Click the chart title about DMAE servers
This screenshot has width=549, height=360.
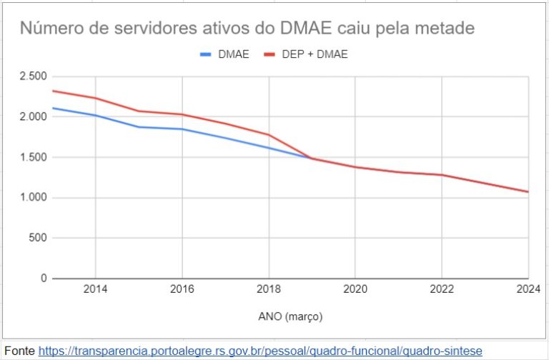(x=247, y=29)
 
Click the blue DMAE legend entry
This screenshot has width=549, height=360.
(x=224, y=54)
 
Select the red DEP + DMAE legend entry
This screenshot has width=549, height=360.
(x=306, y=54)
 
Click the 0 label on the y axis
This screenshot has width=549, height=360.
(x=43, y=278)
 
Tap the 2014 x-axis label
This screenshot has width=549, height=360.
(x=96, y=291)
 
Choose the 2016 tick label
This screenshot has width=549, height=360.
(x=182, y=291)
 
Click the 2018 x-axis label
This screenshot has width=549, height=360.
(x=269, y=291)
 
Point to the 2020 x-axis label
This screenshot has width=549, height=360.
(x=355, y=291)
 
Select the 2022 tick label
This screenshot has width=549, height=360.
(x=442, y=291)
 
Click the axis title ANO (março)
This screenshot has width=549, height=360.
(x=290, y=315)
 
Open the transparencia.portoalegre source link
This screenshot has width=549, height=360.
(x=260, y=351)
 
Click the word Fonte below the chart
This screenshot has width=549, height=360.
(x=19, y=351)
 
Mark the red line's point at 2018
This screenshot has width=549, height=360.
(x=269, y=134)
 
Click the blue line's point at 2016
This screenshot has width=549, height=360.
(x=182, y=129)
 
